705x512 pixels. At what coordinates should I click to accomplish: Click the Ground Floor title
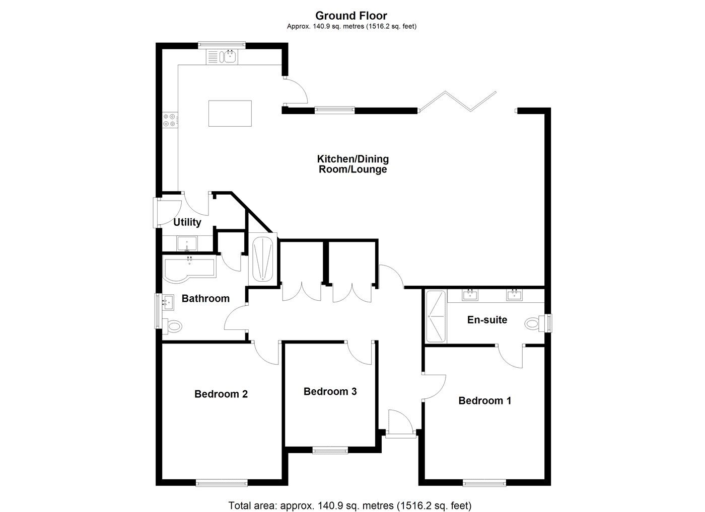point(351,16)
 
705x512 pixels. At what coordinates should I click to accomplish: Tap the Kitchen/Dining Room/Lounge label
point(353,164)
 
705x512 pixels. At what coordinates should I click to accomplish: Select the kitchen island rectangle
point(230,114)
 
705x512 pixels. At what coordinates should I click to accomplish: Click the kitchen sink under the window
point(222,57)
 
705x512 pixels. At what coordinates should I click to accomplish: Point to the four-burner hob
point(170,120)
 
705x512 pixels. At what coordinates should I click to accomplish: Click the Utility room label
point(187,222)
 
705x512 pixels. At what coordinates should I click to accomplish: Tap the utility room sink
point(187,244)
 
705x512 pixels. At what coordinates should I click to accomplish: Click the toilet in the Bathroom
point(172,325)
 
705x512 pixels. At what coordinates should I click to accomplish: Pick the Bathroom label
point(206,298)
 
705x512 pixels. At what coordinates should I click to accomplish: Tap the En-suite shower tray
point(436,316)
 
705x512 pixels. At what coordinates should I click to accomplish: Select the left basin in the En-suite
point(470,295)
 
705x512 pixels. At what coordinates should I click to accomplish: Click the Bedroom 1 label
point(484,401)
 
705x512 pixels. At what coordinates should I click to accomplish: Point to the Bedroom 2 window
point(222,482)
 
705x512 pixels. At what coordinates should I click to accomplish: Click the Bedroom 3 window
point(330,451)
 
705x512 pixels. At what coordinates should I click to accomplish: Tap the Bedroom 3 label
point(330,392)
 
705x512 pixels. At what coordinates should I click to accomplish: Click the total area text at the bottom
point(350,496)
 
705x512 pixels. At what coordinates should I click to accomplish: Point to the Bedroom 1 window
point(484,482)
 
